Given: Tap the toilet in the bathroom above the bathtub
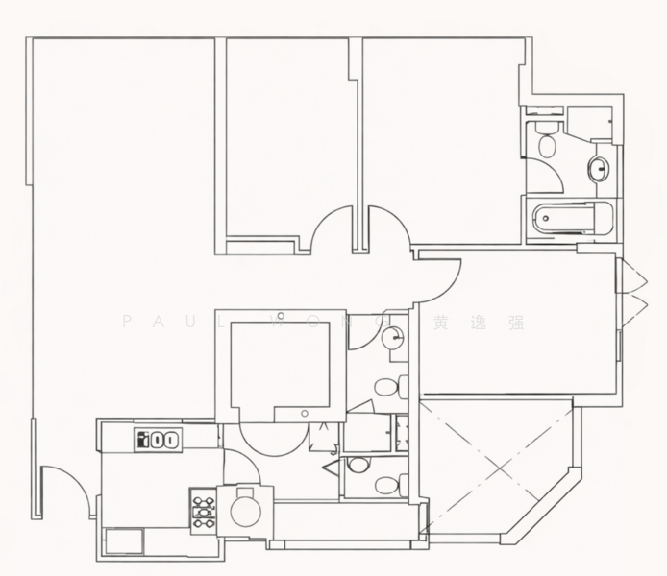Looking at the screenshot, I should (547, 142).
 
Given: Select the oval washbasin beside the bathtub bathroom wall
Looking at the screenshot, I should (599, 170).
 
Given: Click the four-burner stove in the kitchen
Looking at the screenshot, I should (203, 511).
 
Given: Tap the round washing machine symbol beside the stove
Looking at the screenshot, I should (245, 510).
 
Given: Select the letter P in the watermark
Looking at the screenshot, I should (126, 323).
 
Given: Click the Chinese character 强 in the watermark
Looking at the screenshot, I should (516, 323).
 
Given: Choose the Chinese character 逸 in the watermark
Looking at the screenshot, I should (479, 323).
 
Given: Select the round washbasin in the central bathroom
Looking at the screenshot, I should (392, 338).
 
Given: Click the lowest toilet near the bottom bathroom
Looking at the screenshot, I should (387, 485).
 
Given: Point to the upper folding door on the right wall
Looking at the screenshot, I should (631, 277).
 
